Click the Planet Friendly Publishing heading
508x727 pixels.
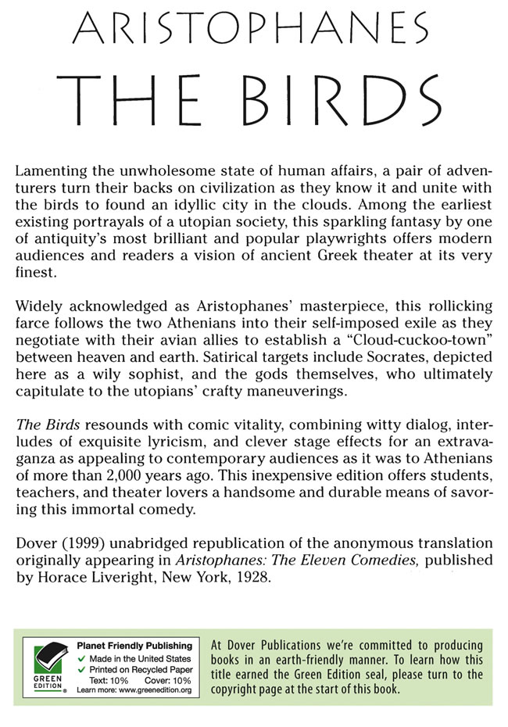[x=134, y=646]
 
